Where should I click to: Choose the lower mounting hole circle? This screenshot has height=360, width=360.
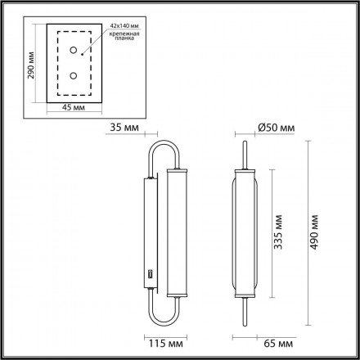pyautogui.click(x=73, y=76)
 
